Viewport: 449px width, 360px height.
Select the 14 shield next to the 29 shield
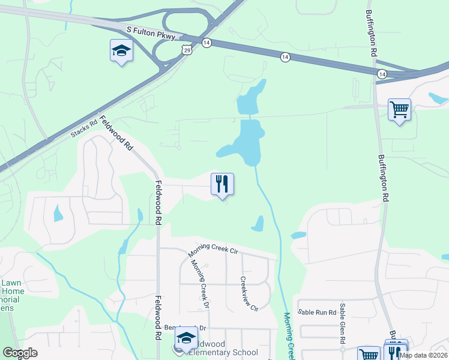point(206,43)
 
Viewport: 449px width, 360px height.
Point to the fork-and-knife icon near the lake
point(222,184)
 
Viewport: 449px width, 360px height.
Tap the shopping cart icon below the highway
point(399,110)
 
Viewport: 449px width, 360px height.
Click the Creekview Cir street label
point(249,293)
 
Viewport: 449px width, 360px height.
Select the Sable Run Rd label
point(316,312)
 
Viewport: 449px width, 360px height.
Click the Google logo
point(20,353)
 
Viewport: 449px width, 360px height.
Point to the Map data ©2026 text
point(423,355)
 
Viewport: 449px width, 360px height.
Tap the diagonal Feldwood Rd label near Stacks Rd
point(116,133)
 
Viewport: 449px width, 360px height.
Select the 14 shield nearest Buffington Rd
point(381,73)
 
